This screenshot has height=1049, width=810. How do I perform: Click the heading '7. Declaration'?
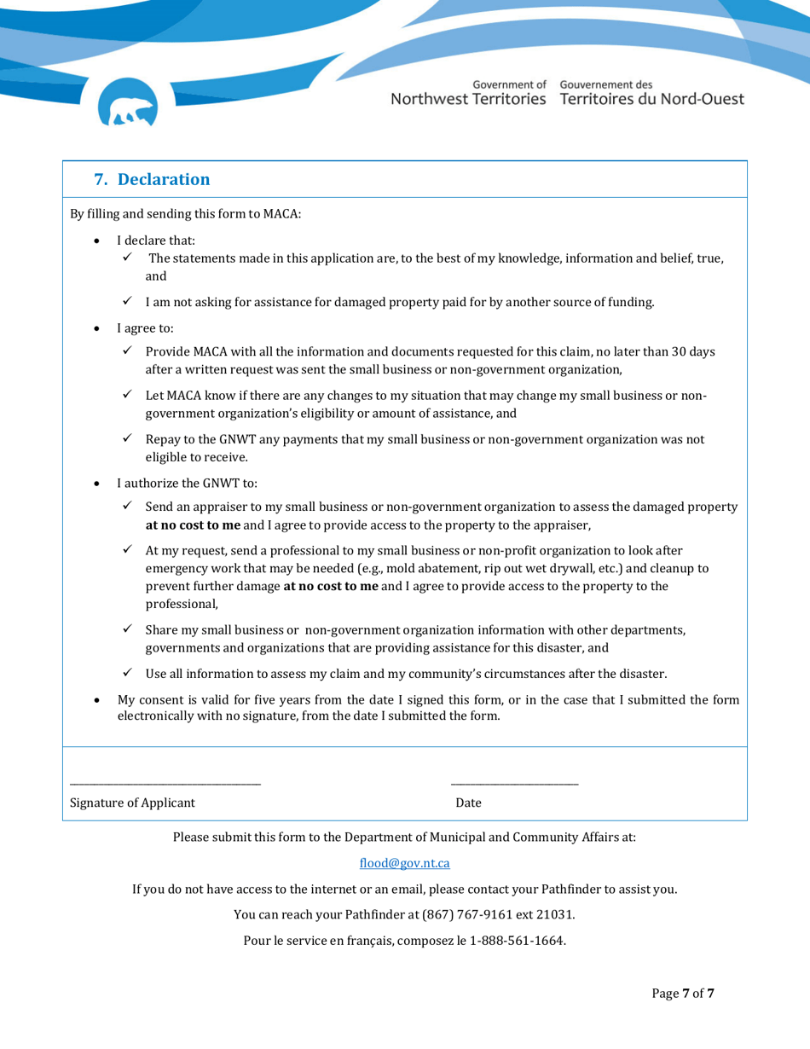click(152, 179)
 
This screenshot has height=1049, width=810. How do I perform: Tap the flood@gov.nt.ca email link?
click(404, 863)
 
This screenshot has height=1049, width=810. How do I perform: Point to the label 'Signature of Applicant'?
click(132, 803)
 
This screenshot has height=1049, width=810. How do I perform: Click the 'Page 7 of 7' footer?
click(683, 994)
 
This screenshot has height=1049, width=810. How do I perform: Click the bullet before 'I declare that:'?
click(99, 241)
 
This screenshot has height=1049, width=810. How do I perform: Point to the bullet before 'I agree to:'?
click(99, 328)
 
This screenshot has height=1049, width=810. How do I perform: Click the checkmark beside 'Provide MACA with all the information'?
click(127, 351)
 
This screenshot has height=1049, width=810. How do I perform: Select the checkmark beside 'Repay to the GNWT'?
click(127, 439)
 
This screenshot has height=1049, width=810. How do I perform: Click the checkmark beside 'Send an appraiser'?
click(127, 507)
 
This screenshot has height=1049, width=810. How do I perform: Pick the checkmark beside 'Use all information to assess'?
click(127, 673)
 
